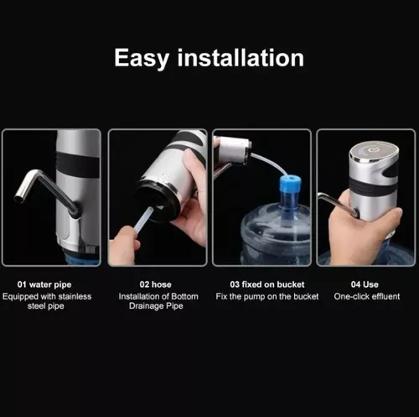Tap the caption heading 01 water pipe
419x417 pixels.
[50, 284]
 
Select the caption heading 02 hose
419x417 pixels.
[157, 284]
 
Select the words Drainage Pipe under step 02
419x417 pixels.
[157, 308]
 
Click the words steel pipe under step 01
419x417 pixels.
[50, 308]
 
